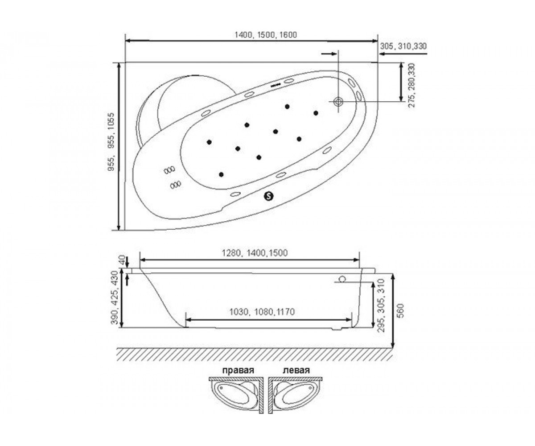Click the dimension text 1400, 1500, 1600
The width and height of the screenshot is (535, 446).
266,35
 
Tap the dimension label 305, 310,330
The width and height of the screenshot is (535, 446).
403,46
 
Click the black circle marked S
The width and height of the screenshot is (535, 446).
268,196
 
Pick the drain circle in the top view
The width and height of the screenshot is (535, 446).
338,102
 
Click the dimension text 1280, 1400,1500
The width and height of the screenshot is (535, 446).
255,253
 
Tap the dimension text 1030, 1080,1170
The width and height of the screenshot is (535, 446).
262,312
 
